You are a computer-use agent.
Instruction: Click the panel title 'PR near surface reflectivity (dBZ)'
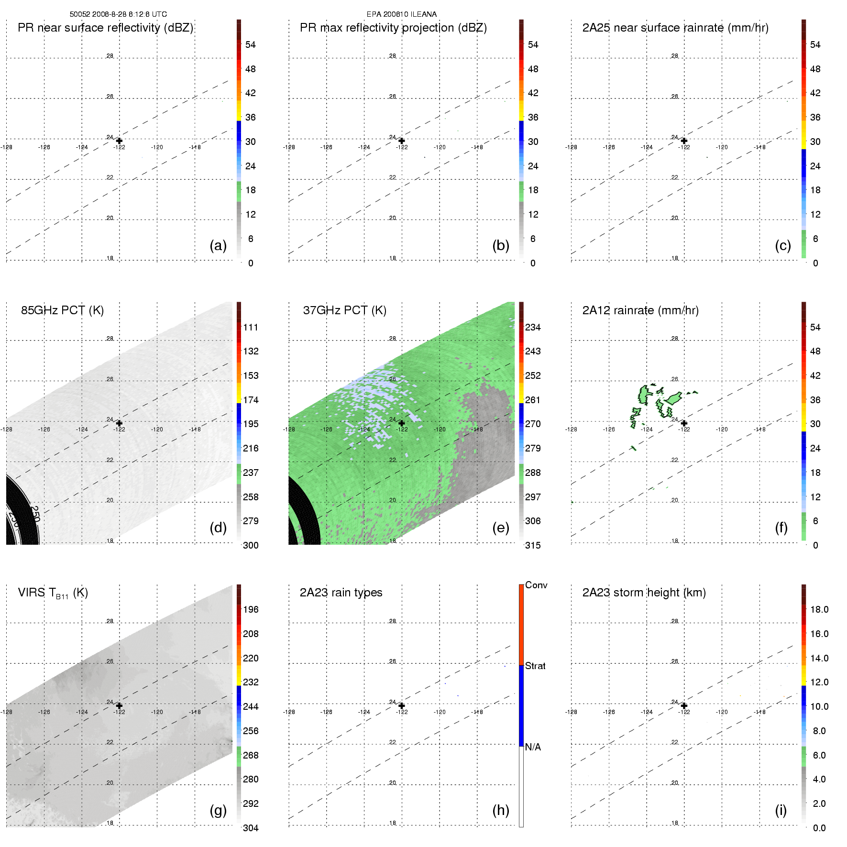click(105, 28)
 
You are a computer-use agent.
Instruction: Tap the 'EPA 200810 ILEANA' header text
click(401, 14)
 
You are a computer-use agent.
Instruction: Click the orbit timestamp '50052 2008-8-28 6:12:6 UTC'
click(118, 14)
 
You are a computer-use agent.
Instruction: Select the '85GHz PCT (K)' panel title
click(62, 310)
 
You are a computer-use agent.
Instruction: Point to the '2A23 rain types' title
click(341, 593)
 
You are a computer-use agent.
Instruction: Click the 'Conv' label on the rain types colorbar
click(536, 585)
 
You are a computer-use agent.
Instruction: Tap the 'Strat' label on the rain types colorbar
click(535, 666)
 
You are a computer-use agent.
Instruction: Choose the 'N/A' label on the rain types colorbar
click(533, 747)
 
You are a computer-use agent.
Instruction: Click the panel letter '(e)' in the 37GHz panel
click(500, 528)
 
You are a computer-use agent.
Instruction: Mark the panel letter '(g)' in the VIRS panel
click(218, 810)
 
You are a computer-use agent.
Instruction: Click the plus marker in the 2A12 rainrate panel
click(684, 423)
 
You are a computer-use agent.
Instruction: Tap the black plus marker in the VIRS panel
click(119, 705)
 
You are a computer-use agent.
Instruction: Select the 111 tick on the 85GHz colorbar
click(251, 327)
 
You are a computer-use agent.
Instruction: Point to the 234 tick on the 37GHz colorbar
click(533, 327)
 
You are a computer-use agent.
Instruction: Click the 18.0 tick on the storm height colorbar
click(819, 609)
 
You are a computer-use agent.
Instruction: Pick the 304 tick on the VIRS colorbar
click(251, 828)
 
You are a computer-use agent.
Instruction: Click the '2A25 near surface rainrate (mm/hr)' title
click(675, 28)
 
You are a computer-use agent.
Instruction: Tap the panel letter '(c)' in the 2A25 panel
click(782, 245)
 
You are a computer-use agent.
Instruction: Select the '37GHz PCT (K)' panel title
click(344, 310)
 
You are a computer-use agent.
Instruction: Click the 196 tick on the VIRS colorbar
click(251, 609)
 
